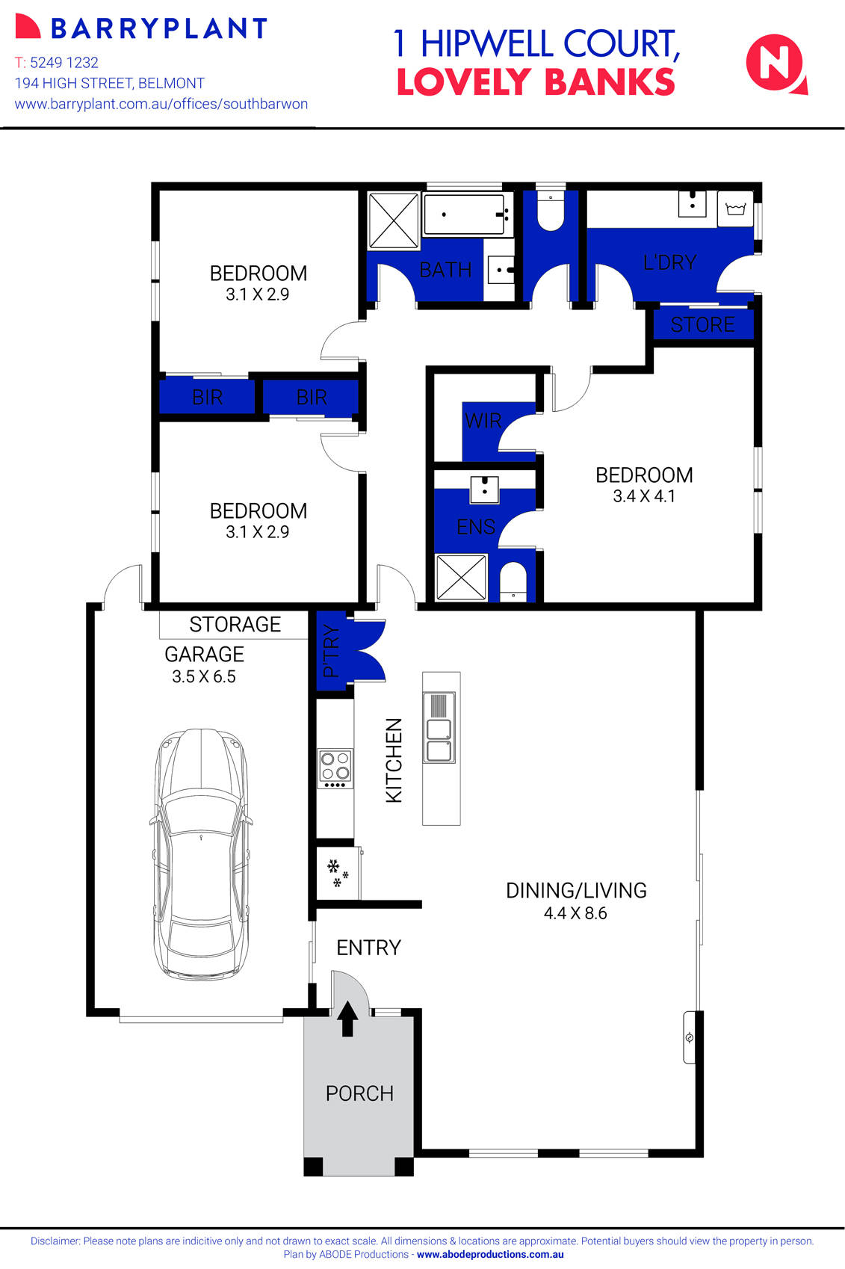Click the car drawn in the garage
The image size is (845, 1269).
[x=201, y=852]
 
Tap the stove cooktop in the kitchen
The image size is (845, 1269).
[x=335, y=768]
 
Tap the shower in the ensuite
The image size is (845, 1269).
[x=460, y=577]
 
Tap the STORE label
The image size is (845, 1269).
[x=702, y=324]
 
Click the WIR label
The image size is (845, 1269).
[x=483, y=421]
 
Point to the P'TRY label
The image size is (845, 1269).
[x=331, y=651]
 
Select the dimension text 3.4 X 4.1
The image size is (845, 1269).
[x=644, y=496]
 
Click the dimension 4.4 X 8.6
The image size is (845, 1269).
[x=575, y=913]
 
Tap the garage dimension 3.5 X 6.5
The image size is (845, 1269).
[x=204, y=677]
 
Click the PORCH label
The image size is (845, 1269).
[x=359, y=1093]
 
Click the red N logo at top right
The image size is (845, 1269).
[x=775, y=64]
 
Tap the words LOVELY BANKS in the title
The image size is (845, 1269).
[x=535, y=82]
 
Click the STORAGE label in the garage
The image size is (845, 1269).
[x=235, y=624]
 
